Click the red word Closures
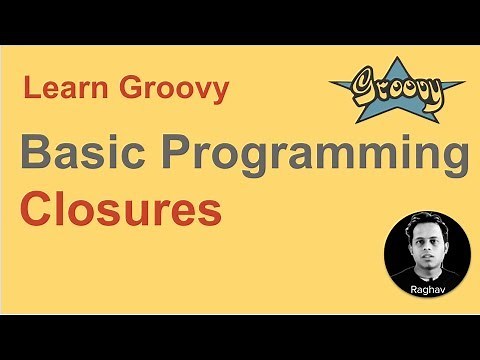(121, 211)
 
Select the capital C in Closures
(36, 211)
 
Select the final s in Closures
(210, 213)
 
